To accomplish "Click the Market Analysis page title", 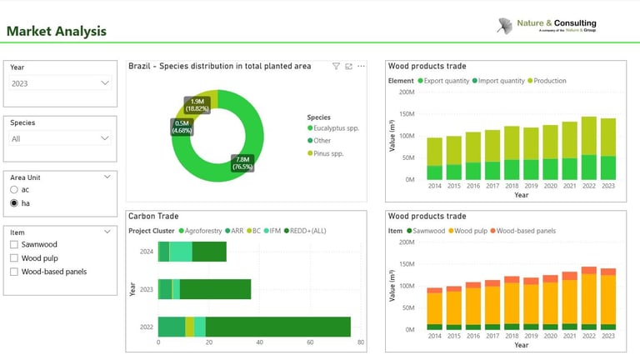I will pyautogui.click(x=57, y=32).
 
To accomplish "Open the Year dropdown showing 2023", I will pyautogui.click(x=60, y=83).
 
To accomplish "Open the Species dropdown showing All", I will pyautogui.click(x=60, y=138).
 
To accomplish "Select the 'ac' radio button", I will pyautogui.click(x=14, y=190).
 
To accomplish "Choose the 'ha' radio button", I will pyautogui.click(x=14, y=202).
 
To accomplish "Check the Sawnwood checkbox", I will pyautogui.click(x=14, y=245).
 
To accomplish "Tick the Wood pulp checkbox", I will pyautogui.click(x=14, y=258).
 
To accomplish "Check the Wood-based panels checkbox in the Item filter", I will pyautogui.click(x=14, y=272).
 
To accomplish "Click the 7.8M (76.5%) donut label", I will pyautogui.click(x=242, y=162).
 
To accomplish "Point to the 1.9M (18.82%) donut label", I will pyautogui.click(x=197, y=104).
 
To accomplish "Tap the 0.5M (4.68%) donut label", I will pyautogui.click(x=182, y=127).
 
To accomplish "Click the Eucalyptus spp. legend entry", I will pyautogui.click(x=333, y=128).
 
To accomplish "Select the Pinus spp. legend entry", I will pyautogui.click(x=329, y=153).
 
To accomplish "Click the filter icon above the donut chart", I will pyautogui.click(x=336, y=66).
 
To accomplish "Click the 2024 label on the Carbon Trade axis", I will pyautogui.click(x=146, y=251).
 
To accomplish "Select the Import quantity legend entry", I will pyautogui.click(x=500, y=81).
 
